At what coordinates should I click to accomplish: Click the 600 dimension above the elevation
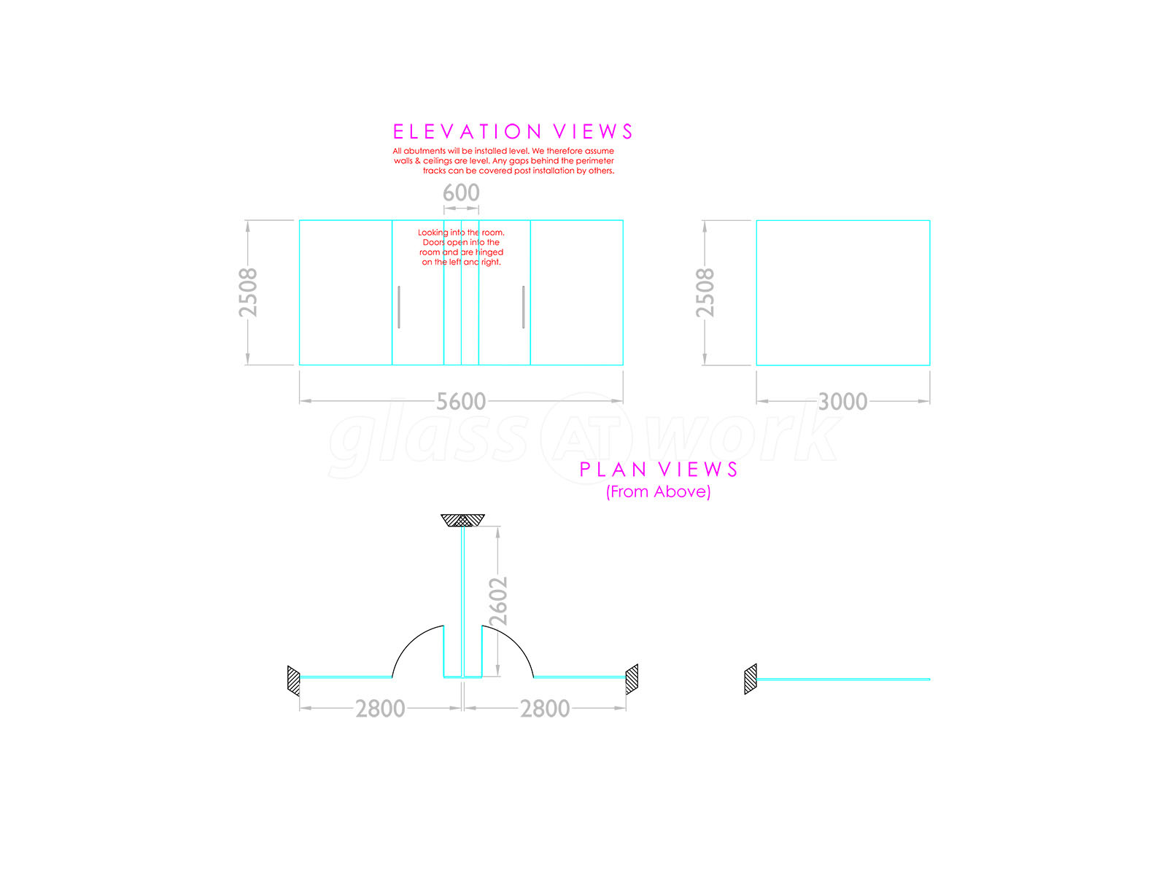pos(461,192)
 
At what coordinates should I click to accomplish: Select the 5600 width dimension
pos(461,402)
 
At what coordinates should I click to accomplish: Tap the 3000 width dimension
pos(842,402)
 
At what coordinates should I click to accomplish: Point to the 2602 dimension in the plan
pos(498,602)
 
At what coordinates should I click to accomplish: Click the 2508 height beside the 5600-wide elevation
pos(248,292)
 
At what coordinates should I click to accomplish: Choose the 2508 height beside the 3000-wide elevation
pos(705,292)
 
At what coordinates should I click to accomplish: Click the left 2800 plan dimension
pos(380,709)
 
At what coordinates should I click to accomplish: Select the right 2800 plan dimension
pos(545,709)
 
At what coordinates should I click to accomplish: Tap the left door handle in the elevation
pos(399,307)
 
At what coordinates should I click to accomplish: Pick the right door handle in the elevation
pos(523,307)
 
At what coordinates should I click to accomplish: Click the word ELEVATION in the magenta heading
pos(468,131)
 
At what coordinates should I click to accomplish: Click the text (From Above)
pos(658,491)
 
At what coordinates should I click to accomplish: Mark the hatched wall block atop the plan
pos(462,520)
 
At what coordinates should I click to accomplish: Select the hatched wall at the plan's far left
pos(293,681)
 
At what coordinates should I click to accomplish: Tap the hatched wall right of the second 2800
pos(632,680)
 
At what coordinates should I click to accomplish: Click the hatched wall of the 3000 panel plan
pos(751,680)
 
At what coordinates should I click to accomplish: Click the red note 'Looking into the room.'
pos(461,232)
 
